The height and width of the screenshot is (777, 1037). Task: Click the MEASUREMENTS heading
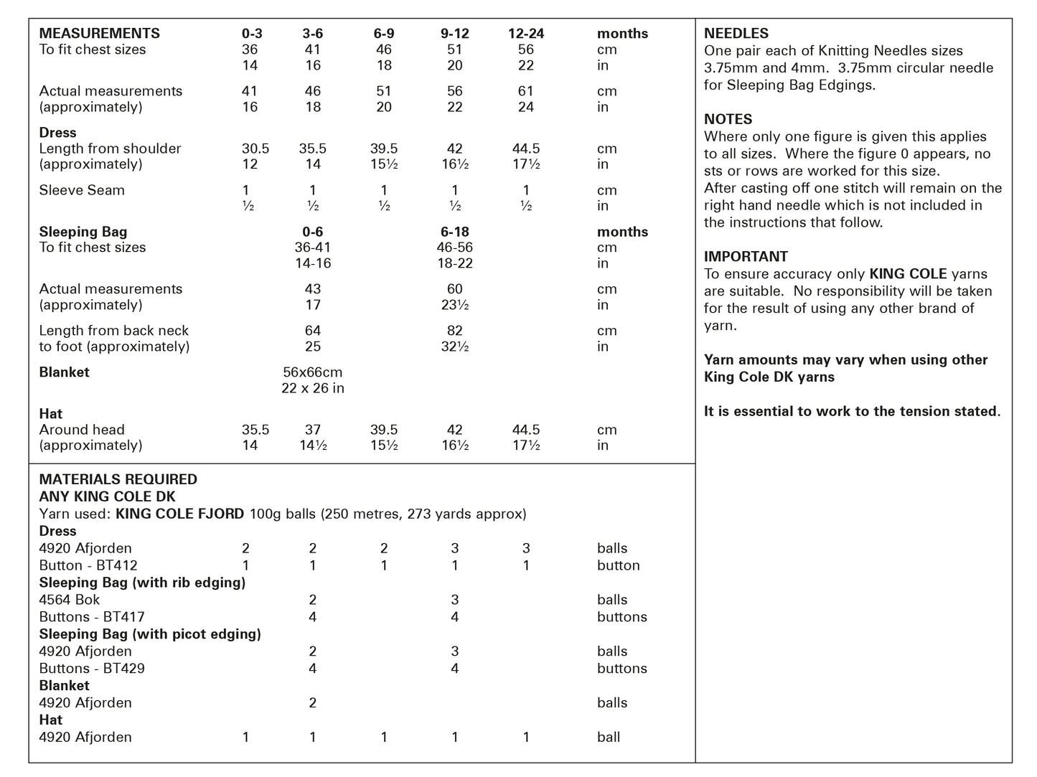pos(99,34)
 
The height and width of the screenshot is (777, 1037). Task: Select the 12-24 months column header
pos(525,34)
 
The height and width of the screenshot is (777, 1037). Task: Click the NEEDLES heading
pos(736,34)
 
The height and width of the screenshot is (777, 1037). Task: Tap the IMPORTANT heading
pos(746,257)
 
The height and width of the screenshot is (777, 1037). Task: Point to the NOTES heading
pos(728,119)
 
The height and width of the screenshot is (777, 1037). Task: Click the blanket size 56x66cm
pos(312,372)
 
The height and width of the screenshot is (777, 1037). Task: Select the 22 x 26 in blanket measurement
pos(312,388)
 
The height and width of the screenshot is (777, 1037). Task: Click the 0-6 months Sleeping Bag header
pos(312,232)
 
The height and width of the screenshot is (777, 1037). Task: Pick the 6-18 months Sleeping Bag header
pos(454,232)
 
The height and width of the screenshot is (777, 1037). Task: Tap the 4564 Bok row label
pos(70,600)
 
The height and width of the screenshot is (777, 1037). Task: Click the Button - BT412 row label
pos(88,565)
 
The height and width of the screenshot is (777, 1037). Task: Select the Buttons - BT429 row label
pos(92,669)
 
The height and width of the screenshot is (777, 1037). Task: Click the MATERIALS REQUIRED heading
pos(118,479)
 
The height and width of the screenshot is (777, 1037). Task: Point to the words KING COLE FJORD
pos(179,514)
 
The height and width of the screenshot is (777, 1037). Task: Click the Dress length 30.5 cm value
pos(255,149)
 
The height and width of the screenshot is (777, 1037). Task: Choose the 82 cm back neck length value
pos(454,331)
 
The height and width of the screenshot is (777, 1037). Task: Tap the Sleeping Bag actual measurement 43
pos(312,289)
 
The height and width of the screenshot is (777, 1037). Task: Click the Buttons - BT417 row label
pos(92,617)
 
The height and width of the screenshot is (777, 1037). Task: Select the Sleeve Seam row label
pos(82,190)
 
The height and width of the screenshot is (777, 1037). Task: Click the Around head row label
pos(82,430)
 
